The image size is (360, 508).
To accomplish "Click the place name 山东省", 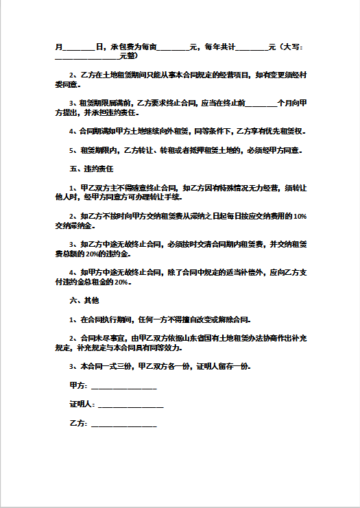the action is (195, 339).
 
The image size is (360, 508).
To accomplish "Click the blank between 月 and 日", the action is (78, 47).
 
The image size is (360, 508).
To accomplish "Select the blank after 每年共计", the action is (252, 47).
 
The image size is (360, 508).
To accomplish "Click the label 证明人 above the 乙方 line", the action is (81, 404).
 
